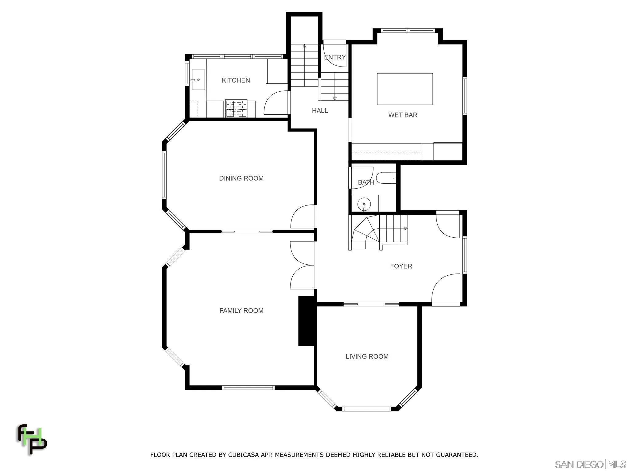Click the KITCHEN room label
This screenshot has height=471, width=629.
(236, 80)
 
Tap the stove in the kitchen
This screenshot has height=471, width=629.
(236, 109)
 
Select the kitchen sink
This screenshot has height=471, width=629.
(198, 80)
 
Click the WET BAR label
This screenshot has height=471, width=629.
(403, 115)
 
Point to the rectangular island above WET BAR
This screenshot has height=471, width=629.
(405, 89)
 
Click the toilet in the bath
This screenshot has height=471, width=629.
(385, 178)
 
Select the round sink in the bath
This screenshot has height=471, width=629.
(364, 204)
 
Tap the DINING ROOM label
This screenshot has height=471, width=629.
(241, 178)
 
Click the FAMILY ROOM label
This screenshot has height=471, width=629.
(241, 311)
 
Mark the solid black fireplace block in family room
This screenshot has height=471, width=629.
(307, 321)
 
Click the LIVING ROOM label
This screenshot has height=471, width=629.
(367, 356)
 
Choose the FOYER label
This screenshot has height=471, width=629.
(401, 266)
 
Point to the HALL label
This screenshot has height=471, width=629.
(320, 111)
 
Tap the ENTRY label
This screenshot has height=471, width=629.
(335, 57)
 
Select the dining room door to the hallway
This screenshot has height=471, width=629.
(303, 216)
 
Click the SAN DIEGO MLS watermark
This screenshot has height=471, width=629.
(590, 464)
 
